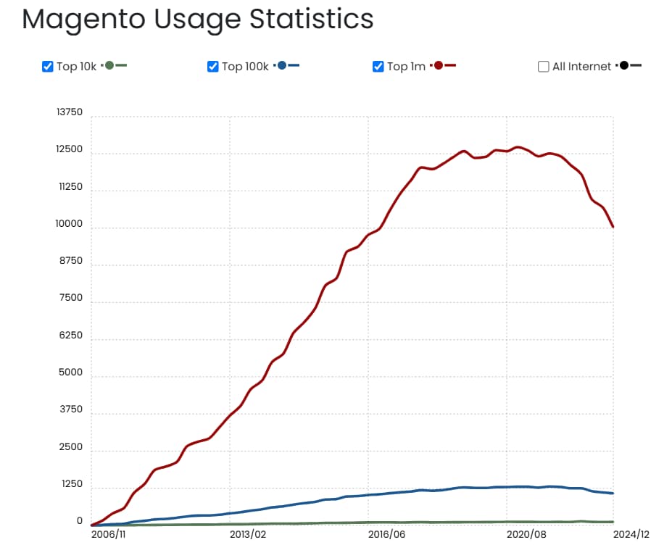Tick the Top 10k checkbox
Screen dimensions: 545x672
click(x=48, y=67)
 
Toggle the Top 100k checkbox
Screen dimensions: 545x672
click(x=213, y=67)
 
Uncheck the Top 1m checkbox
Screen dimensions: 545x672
click(x=378, y=67)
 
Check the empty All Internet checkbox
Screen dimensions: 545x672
click(x=544, y=67)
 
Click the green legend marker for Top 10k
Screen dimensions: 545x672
click(x=109, y=65)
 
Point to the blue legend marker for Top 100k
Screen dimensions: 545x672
click(x=282, y=65)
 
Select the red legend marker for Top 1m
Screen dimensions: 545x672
click(x=439, y=65)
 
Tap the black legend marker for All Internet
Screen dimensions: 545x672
click(x=624, y=65)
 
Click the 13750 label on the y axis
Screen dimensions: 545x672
click(x=70, y=112)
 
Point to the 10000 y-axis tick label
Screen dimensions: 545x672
click(x=70, y=224)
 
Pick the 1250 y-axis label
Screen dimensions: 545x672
click(x=72, y=484)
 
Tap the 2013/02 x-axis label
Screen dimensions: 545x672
click(x=248, y=534)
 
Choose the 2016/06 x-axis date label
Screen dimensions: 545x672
click(x=386, y=534)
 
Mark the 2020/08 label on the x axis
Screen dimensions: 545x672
click(x=526, y=534)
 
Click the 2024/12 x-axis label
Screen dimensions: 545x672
click(x=631, y=534)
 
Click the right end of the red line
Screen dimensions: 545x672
click(x=613, y=227)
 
